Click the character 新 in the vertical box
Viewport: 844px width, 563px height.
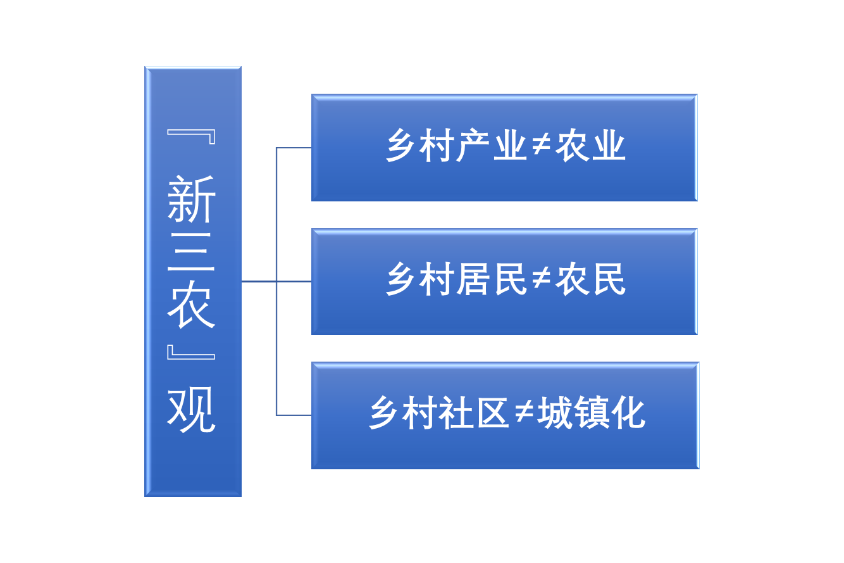coord(192,199)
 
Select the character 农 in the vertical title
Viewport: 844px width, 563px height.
coord(192,305)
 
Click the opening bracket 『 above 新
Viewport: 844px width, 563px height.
coord(192,137)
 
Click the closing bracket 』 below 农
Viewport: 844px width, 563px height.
coord(192,352)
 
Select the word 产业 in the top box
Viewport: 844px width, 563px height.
coord(492,147)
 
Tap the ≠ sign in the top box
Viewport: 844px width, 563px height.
coord(540,147)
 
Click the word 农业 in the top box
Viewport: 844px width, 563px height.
coord(590,147)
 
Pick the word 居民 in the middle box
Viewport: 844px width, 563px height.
coord(492,280)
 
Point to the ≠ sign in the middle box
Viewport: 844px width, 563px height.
coord(540,280)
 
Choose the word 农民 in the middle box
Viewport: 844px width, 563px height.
coord(590,280)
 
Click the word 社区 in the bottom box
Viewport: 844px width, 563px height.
coord(475,414)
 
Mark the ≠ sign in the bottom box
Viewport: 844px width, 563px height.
coord(523,414)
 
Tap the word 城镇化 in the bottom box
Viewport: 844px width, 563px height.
coord(591,414)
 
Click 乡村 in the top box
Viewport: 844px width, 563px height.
coord(421,147)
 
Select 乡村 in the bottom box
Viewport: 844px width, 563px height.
coord(404,414)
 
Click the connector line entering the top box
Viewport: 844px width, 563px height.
coord(294,148)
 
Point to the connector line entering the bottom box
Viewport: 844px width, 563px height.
coord(294,415)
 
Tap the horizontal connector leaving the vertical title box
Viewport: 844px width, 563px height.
coord(258,281)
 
